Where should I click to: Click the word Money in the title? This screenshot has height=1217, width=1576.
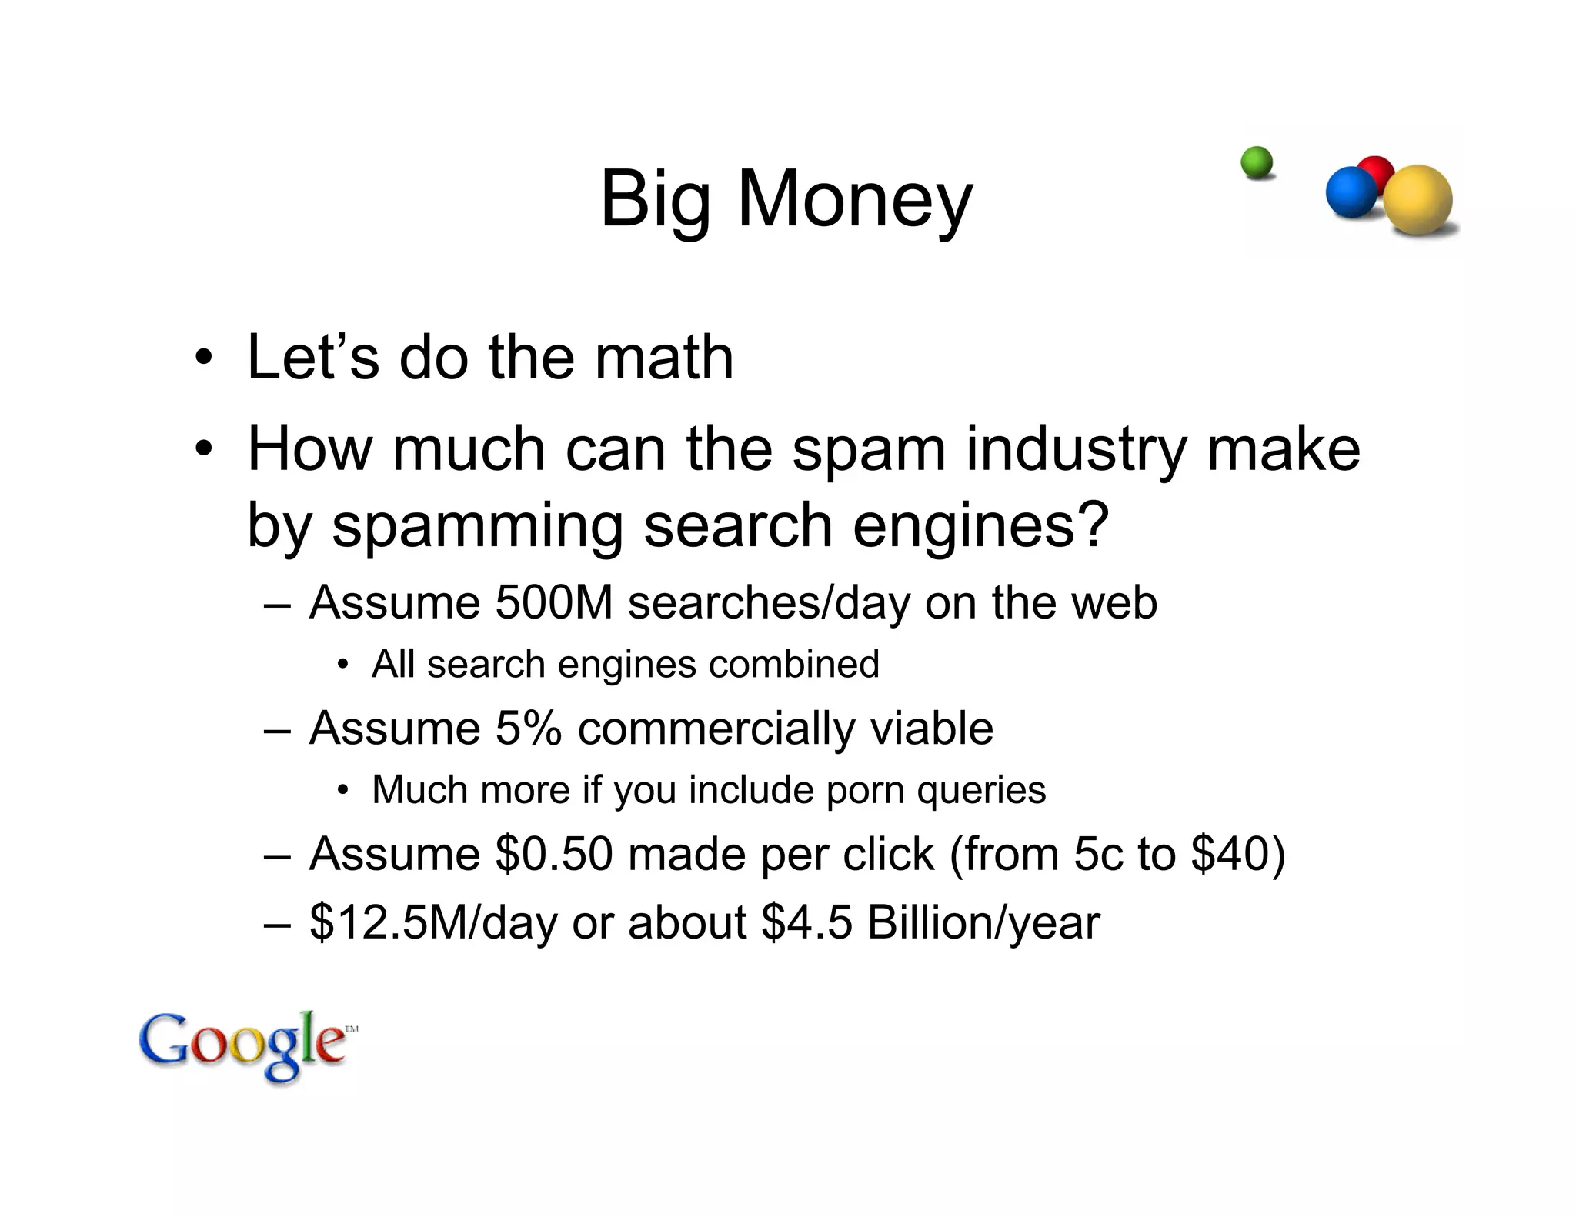coord(855,200)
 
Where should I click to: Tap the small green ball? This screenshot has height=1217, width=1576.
coord(1257,163)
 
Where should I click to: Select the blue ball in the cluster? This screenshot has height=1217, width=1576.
coord(1351,192)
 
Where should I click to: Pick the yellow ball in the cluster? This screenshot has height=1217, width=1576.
coord(1418,199)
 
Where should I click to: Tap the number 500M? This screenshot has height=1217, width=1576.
coord(553,602)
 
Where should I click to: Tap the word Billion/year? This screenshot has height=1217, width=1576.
coord(983,922)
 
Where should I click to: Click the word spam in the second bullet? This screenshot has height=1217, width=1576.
coord(869,450)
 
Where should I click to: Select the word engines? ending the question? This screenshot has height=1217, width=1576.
coord(980,526)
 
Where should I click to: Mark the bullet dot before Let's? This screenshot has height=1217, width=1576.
coord(202,358)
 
